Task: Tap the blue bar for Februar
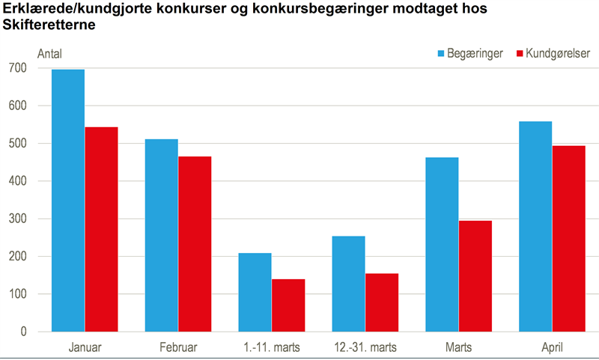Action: click(161, 235)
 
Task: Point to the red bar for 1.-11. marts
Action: click(288, 305)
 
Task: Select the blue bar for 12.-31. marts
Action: click(348, 284)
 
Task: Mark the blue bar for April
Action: click(535, 226)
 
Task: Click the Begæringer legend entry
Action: click(469, 53)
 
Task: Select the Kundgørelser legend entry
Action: click(552, 53)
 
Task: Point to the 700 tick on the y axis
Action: click(18, 68)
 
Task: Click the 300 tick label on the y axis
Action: click(18, 219)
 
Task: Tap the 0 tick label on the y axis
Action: click(23, 332)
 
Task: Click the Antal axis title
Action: click(50, 53)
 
